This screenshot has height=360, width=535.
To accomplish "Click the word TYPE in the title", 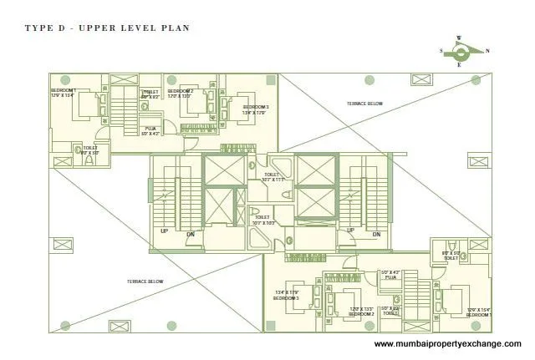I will [x=38, y=28].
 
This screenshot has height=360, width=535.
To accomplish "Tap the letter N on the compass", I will [x=487, y=51].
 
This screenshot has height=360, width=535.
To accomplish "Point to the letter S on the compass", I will [x=441, y=51].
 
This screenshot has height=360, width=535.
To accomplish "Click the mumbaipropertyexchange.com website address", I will [x=447, y=343].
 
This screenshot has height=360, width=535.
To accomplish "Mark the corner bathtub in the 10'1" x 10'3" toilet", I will [x=257, y=239].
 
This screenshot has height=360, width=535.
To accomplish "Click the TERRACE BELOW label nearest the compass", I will [x=365, y=104].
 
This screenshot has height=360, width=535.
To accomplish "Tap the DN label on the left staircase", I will [x=190, y=235].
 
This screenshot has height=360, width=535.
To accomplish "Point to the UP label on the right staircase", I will [x=351, y=230].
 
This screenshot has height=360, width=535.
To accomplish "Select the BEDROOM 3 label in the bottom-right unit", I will [x=287, y=295].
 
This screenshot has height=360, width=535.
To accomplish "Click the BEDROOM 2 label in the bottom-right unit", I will [x=361, y=311].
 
